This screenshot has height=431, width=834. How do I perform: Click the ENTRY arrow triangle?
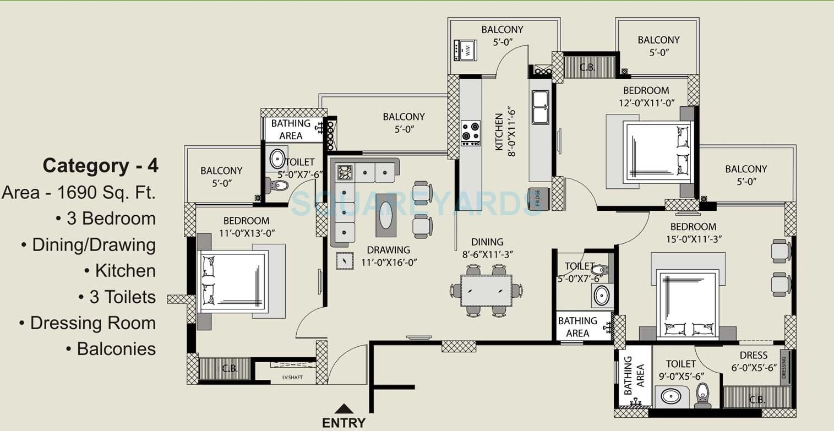pos(344,408)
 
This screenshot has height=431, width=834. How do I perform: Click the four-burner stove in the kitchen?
pos(470,133)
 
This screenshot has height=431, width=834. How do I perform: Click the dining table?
pos(486,290)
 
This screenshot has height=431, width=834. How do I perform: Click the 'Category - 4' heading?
pos(101,166)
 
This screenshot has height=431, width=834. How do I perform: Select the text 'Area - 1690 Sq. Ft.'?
pos(79,192)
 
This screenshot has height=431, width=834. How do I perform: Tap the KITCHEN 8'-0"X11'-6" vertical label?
pos(504,132)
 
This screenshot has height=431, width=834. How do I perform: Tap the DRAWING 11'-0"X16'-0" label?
pos(389,256)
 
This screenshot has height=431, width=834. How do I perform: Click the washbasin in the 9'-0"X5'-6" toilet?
pos(671,397)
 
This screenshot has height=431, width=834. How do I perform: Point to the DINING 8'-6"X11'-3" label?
pos(487,248)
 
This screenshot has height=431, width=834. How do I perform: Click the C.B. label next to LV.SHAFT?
pos(230,369)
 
